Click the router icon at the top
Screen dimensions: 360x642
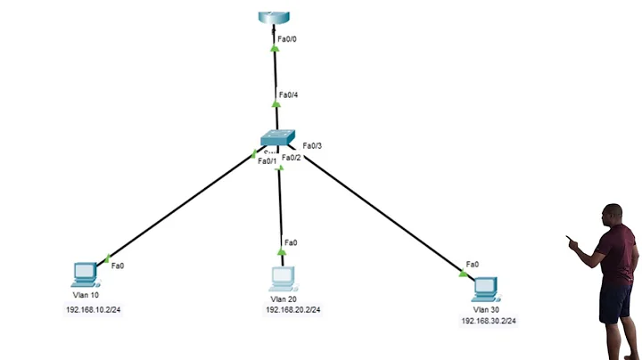[276, 17]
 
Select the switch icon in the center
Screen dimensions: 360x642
[277, 138]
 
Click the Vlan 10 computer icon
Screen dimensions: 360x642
[85, 274]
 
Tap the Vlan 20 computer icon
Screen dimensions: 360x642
[283, 279]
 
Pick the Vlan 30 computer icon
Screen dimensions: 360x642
[485, 288]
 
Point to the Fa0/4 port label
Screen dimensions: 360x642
[289, 94]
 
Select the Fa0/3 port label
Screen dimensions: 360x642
[312, 146]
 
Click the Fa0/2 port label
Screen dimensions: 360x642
[292, 159]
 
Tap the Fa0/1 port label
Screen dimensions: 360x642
[267, 161]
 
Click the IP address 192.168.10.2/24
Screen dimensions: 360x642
[93, 310]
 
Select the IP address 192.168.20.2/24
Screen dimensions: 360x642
[292, 310]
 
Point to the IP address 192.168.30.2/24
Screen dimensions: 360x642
[489, 320]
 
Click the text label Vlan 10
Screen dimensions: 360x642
[86, 295]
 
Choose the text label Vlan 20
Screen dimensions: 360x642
[283, 299]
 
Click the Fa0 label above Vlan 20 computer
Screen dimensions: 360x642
[291, 242]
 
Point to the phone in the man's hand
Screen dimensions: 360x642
[570, 239]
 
